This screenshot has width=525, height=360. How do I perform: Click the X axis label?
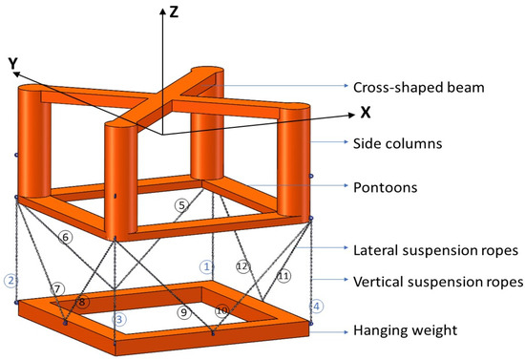pyautogui.click(x=365, y=112)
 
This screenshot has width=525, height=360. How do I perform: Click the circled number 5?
pyautogui.click(x=182, y=204)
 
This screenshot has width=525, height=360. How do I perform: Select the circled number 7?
pyautogui.click(x=58, y=288)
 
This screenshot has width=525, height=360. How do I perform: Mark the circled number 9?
pyautogui.click(x=183, y=312)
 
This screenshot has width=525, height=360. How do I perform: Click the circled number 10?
pyautogui.click(x=222, y=310)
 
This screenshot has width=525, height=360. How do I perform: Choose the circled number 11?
pyautogui.click(x=283, y=275)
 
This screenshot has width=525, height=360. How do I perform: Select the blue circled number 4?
pyautogui.click(x=318, y=307)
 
